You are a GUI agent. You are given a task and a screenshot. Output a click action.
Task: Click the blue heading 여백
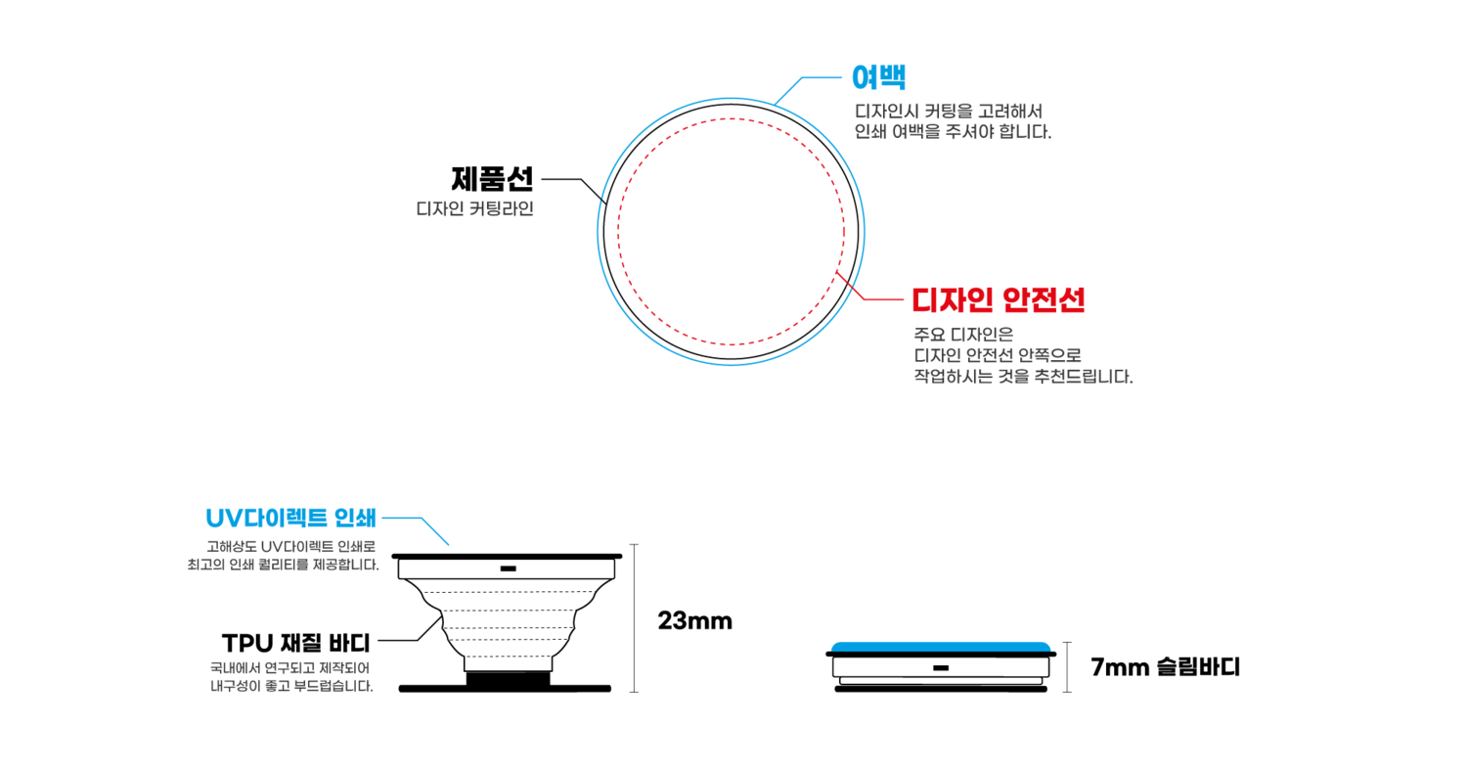coord(878,76)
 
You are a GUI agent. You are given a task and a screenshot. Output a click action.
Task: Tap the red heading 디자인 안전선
coord(998,299)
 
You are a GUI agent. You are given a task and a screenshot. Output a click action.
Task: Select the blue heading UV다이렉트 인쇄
coord(290,518)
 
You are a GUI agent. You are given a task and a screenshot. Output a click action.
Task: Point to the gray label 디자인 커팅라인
coord(474,208)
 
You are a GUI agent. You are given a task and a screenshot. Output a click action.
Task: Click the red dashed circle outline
coord(618,231)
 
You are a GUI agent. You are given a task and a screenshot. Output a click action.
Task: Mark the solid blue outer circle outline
coord(598,231)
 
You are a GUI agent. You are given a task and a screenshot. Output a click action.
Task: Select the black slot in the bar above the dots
coord(508,568)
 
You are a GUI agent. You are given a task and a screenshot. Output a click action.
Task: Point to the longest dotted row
coord(508,592)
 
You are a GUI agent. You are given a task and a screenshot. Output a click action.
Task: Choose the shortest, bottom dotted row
coord(508,656)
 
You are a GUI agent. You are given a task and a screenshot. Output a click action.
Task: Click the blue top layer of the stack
coord(940,646)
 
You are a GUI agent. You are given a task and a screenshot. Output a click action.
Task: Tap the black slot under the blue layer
coord(940,667)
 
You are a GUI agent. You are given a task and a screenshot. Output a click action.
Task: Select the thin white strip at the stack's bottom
coord(940,680)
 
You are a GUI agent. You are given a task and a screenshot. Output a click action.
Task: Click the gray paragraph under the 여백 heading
coord(952,121)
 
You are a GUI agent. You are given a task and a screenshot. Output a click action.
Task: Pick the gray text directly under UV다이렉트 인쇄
coord(284,555)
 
